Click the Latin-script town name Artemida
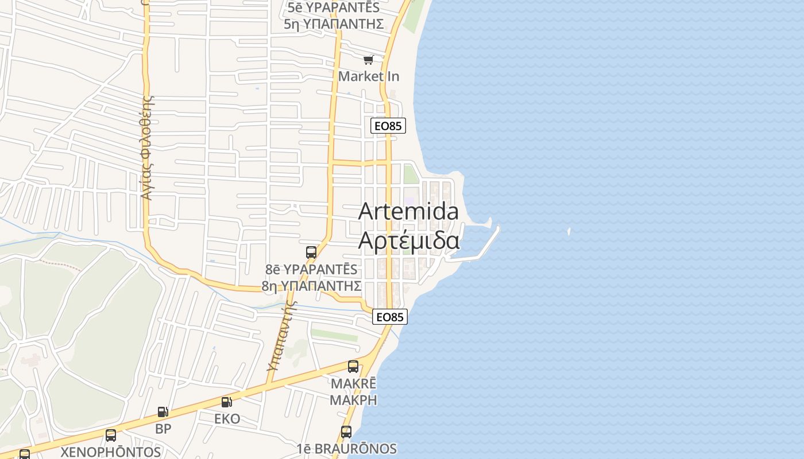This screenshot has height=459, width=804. pos(408,211)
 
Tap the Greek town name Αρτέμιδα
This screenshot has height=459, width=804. pos(408,240)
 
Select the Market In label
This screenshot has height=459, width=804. pos(368,76)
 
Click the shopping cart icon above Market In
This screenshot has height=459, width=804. pos(368,60)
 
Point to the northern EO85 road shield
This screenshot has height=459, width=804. pos(388,126)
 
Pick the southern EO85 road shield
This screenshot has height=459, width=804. pos(390,317)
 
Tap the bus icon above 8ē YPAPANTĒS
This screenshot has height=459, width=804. pos(311,252)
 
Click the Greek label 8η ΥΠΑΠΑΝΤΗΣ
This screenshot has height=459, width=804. pos(311,285)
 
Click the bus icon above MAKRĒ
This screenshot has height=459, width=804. pos(353,366)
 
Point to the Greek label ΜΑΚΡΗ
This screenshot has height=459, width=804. pos(353,400)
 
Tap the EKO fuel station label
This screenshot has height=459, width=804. pos(227,419)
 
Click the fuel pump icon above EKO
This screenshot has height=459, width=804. pos(227,402)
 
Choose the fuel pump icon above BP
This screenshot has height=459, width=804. pos(163,411)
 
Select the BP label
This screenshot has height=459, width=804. pos(163,429)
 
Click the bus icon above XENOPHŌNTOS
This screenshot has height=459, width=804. pos(111,435)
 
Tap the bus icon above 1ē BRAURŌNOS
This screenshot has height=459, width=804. pos(346,431)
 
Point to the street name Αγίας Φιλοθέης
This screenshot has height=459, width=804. pos(148,148)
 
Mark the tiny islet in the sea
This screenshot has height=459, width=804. pos(569,232)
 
